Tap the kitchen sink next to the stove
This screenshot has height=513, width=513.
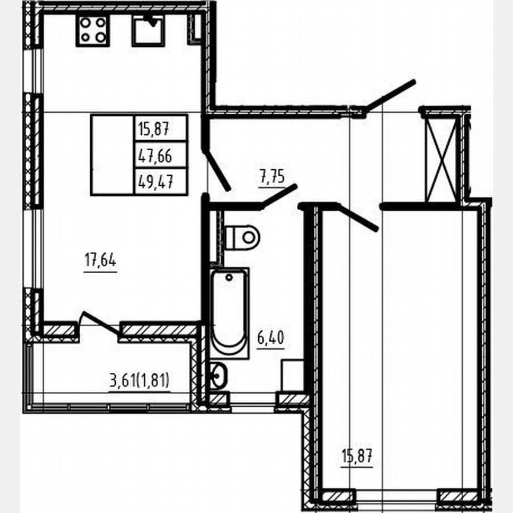[148, 30]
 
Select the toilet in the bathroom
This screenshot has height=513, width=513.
[242, 237]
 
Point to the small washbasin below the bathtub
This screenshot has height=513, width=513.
[218, 375]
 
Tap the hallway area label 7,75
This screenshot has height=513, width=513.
[272, 176]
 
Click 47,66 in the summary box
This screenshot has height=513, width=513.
[154, 156]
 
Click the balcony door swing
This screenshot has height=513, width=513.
[100, 322]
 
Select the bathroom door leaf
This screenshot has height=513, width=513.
[279, 195]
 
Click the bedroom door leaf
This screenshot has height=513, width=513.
[358, 218]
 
